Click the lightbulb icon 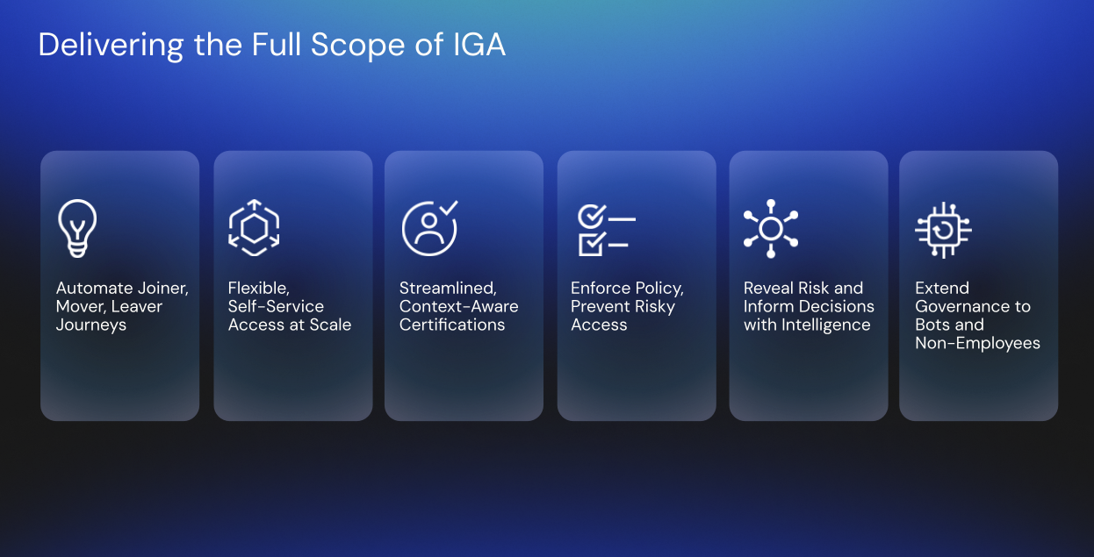[x=76, y=228]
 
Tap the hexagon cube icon [x=253, y=228]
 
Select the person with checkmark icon [x=429, y=228]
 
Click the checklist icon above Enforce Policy [x=606, y=230]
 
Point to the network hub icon [x=771, y=228]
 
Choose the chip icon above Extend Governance [x=943, y=230]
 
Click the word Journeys [x=91, y=325]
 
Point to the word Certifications [x=452, y=325]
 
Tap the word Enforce [x=600, y=289]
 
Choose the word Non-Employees [x=977, y=344]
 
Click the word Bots [x=933, y=325]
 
